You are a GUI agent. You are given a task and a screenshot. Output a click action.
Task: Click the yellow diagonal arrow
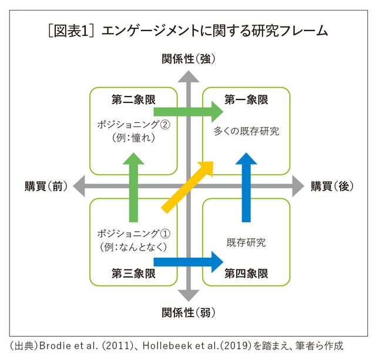187,187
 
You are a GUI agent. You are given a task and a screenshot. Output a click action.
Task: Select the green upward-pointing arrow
133,187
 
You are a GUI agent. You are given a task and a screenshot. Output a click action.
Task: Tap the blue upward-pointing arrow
246,187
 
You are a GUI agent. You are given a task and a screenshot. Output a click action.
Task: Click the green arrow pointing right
189,112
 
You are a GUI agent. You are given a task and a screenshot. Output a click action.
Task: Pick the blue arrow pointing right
189,262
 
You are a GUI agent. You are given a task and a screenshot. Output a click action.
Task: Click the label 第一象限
246,99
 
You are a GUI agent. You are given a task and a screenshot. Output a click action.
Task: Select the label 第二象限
133,99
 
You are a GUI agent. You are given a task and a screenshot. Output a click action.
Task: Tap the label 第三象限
133,274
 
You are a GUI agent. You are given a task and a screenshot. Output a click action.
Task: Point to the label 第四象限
246,274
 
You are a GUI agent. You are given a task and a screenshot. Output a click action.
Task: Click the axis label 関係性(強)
189,59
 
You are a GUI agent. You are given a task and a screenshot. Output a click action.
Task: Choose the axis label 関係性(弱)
189,313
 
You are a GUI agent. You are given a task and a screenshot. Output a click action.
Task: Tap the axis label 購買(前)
46,186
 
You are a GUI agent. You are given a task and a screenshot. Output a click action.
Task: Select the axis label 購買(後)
332,186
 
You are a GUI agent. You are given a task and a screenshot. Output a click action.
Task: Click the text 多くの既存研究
246,131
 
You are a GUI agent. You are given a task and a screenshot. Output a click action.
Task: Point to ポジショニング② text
133,125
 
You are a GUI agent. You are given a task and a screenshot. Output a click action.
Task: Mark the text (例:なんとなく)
133,247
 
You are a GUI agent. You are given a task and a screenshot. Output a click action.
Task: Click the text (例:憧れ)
133,138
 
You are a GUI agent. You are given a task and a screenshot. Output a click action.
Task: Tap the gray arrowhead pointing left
79,186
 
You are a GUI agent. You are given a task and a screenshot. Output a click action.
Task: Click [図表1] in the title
71,31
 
